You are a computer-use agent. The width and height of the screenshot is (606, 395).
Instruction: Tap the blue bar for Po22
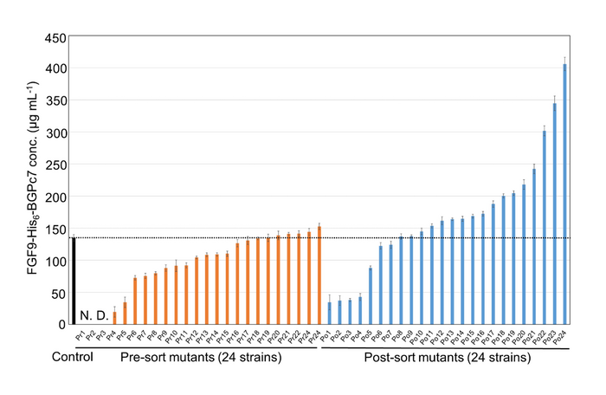click(x=545, y=229)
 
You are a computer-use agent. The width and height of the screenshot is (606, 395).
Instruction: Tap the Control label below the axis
click(x=71, y=357)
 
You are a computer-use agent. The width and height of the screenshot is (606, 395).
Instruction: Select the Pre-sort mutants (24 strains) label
click(x=200, y=357)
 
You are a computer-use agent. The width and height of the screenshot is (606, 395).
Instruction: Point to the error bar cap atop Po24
click(x=565, y=58)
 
